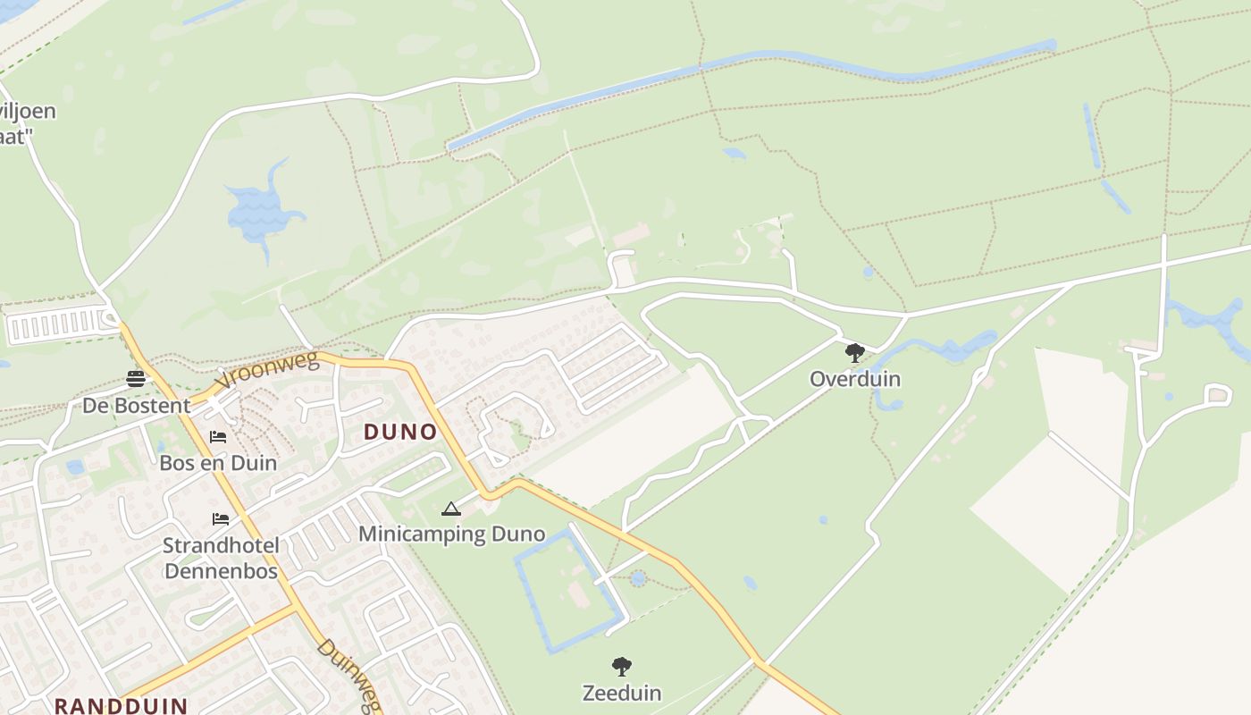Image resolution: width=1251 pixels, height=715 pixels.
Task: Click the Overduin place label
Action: tap(854, 379)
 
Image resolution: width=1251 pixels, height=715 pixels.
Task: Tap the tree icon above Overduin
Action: tap(854, 352)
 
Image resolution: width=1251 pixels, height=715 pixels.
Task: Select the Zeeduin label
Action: tap(621, 693)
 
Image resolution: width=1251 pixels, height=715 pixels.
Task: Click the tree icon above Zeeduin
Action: tap(621, 666)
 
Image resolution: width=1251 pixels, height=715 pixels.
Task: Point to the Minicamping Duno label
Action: tap(451, 534)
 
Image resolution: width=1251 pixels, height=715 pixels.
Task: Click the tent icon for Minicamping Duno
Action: tap(451, 509)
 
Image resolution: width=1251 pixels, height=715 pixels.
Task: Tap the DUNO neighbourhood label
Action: tap(400, 433)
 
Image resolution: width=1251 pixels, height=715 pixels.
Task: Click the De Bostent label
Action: tap(136, 406)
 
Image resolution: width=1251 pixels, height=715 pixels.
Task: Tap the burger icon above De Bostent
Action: tap(136, 379)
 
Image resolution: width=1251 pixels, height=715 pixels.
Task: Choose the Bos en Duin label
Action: tap(218, 463)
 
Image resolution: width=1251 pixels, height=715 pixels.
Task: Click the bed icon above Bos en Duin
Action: tap(218, 437)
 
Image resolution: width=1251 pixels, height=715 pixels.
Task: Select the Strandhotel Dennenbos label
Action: tap(221, 558)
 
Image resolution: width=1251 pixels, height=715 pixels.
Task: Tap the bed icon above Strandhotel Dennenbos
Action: tap(220, 519)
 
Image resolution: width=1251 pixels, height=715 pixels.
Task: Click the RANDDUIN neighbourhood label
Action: tap(121, 705)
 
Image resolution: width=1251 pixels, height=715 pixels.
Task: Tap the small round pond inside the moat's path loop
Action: tap(637, 578)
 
